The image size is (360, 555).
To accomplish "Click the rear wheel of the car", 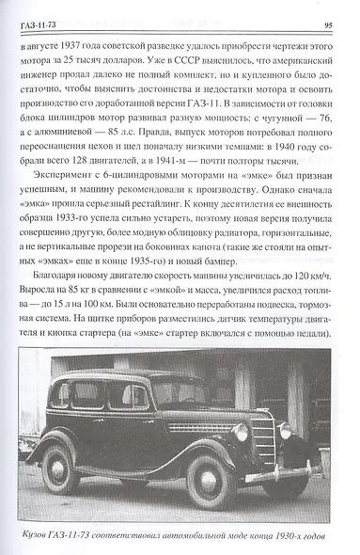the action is pyautogui.click(x=61, y=472).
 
